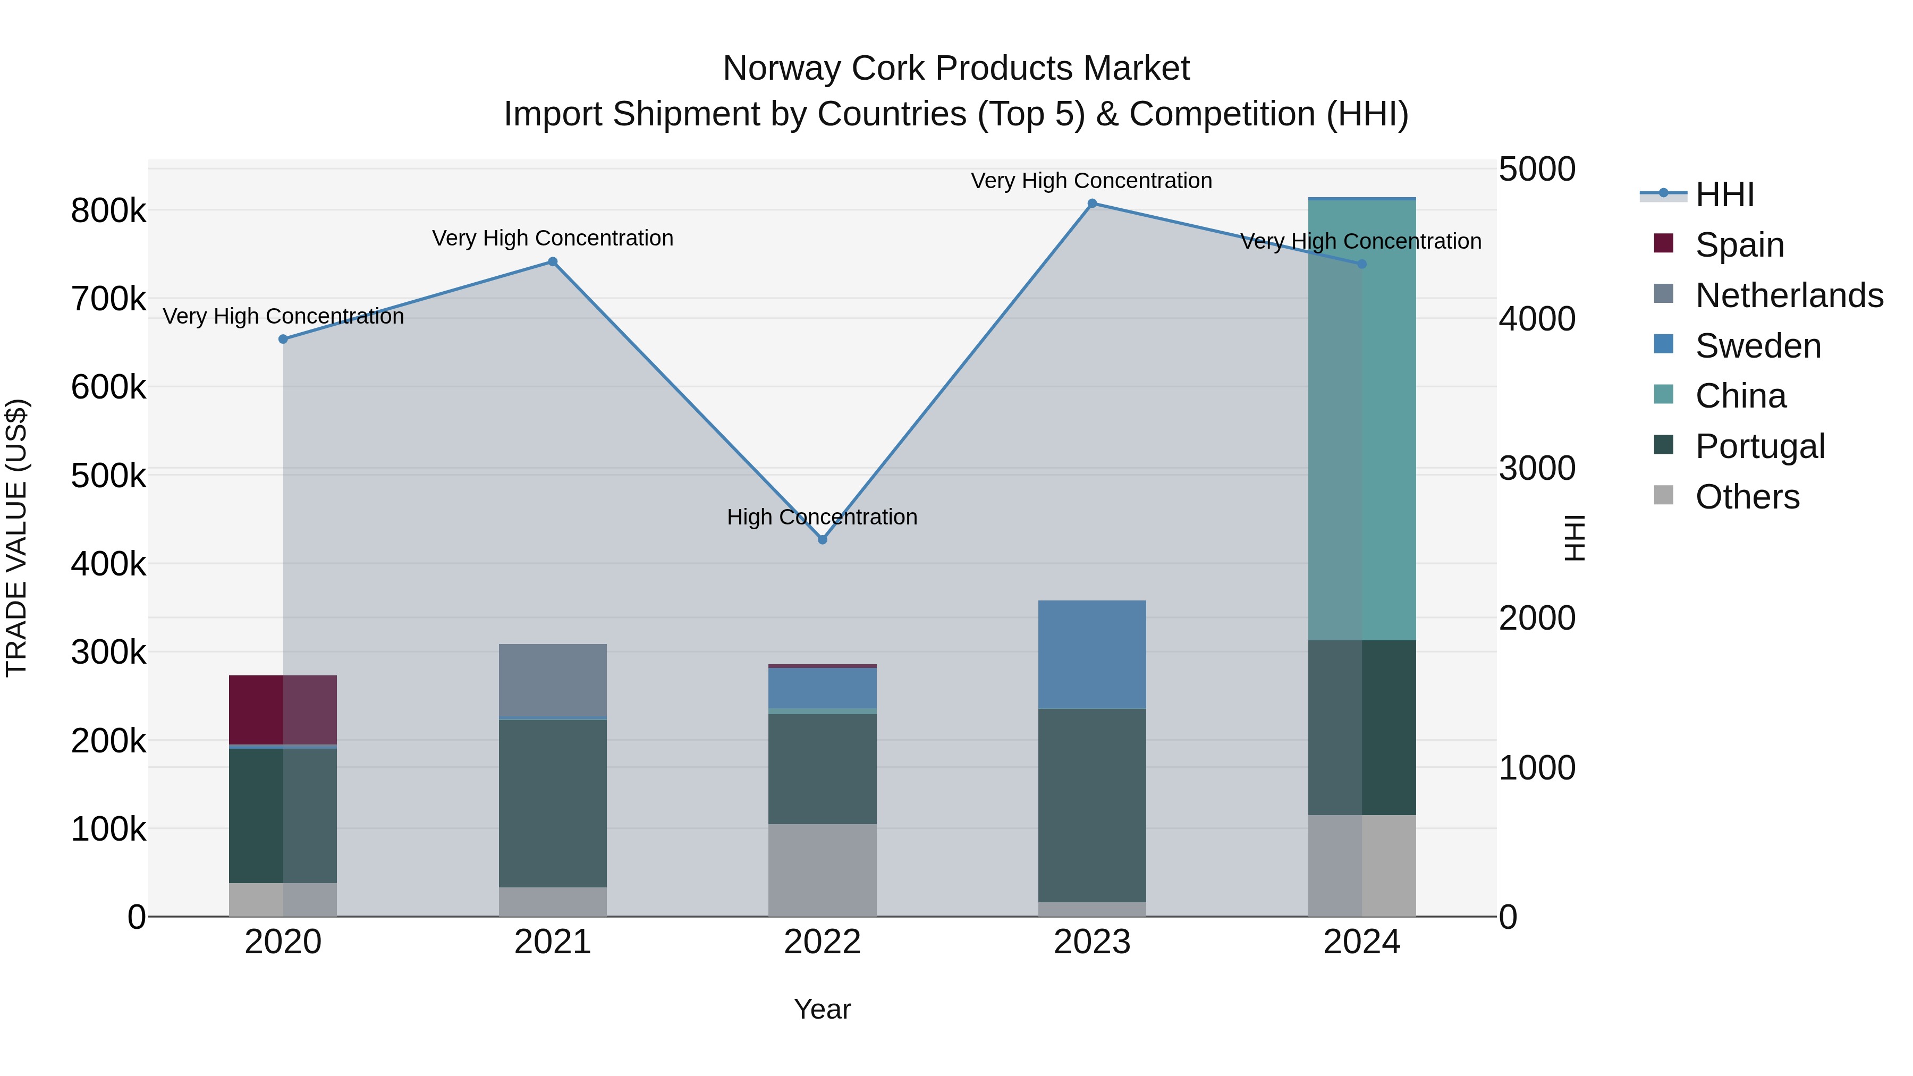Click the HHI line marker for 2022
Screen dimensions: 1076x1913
(x=822, y=540)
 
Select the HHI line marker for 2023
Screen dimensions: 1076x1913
(x=1091, y=204)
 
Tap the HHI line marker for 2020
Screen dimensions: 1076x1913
(x=283, y=340)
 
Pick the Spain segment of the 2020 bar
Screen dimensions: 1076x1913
(x=283, y=709)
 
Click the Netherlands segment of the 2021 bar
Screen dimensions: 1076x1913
(x=553, y=680)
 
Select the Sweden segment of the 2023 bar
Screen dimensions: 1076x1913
(x=1091, y=654)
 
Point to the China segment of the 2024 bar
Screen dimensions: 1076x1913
(x=1362, y=420)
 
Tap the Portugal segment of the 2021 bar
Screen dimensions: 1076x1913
(x=553, y=803)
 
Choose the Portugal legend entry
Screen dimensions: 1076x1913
(x=1759, y=446)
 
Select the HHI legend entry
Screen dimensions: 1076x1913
(x=1724, y=194)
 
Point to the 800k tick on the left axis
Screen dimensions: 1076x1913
(x=108, y=211)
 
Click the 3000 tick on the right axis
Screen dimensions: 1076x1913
(x=1536, y=469)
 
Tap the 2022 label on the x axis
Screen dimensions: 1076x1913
(x=822, y=942)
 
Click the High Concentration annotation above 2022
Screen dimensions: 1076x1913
(x=822, y=517)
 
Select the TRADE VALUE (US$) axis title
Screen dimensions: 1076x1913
(x=16, y=538)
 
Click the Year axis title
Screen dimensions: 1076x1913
(x=822, y=1009)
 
